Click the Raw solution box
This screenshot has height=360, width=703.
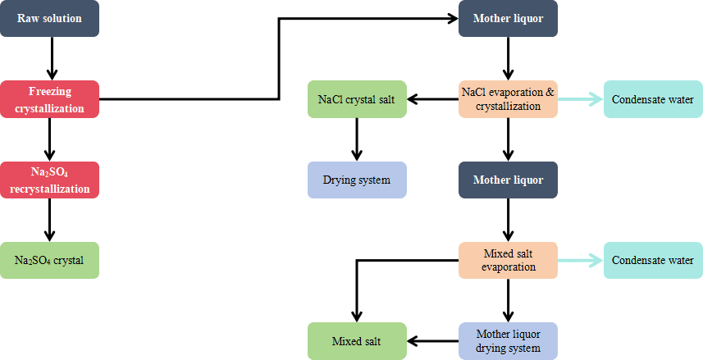coord(49,18)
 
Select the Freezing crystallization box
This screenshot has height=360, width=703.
coord(49,98)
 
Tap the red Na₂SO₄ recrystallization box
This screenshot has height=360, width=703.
coord(49,179)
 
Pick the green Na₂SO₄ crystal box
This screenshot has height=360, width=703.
coord(49,260)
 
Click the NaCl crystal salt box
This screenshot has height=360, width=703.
coord(357,98)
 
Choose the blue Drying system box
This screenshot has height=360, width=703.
coord(357,179)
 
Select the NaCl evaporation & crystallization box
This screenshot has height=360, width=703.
coord(509,98)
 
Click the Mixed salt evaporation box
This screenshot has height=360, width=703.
coord(509,260)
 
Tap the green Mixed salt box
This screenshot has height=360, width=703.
coord(357,340)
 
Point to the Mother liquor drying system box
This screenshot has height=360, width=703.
coord(509,340)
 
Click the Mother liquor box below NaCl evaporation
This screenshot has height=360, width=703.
coord(509,179)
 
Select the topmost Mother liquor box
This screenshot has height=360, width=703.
coord(509,18)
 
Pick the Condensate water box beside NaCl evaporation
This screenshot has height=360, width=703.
coord(654,98)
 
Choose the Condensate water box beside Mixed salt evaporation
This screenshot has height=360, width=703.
coord(654,260)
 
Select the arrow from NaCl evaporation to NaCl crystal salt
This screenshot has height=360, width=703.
coord(433,99)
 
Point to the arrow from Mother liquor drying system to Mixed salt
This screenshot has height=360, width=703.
coord(433,340)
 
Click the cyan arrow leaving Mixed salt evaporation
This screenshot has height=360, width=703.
coord(581,260)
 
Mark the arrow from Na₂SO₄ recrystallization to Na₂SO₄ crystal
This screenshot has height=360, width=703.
coord(49,219)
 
